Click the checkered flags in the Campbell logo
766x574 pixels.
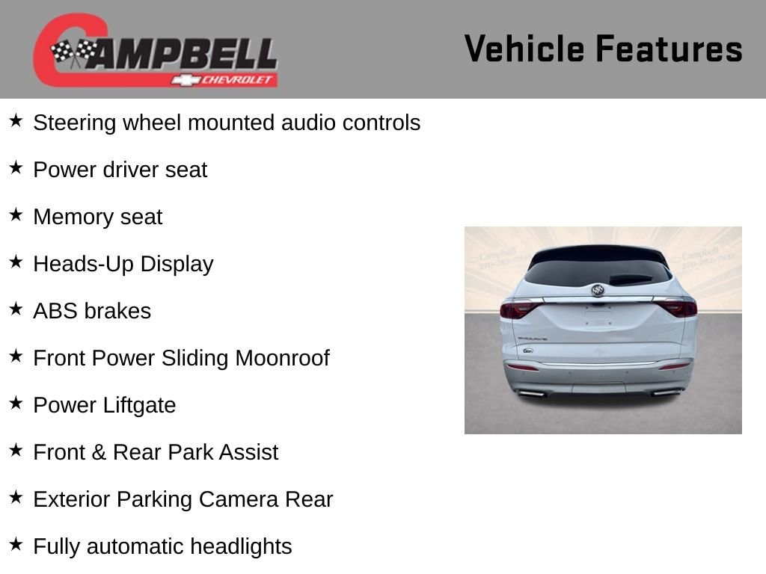point(74,52)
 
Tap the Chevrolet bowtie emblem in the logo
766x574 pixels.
point(186,80)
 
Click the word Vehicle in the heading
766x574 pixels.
point(524,49)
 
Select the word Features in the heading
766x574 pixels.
point(669,49)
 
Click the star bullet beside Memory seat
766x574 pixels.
point(16,215)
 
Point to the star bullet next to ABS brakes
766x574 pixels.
point(16,309)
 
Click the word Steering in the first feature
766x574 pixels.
point(75,123)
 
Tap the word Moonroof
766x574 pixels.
point(282,358)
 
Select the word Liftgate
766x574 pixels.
point(139,406)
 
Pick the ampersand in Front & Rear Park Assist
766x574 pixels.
point(99,452)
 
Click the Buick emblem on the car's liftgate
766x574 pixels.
point(598,291)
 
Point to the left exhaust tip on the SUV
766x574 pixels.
point(532,393)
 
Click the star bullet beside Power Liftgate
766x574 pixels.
point(16,403)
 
